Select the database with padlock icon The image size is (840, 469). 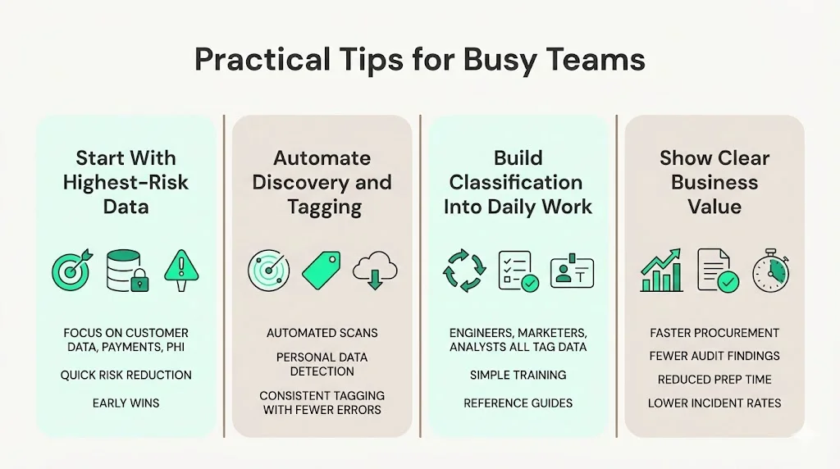(x=126, y=271)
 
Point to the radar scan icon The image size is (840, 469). (x=268, y=271)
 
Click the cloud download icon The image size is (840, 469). (x=374, y=271)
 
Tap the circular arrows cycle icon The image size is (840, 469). (x=464, y=271)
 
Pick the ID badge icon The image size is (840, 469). (x=571, y=271)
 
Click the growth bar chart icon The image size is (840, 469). (x=662, y=270)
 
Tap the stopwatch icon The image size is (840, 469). (x=771, y=270)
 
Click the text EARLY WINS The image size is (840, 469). (x=126, y=403)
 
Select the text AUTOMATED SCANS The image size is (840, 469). (x=322, y=333)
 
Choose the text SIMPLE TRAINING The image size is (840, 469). (x=518, y=375)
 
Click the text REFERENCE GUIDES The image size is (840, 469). (x=518, y=403)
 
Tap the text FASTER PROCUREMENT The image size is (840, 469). (x=714, y=333)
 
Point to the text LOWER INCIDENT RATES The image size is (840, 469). (x=714, y=403)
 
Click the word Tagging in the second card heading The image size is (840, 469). (x=326, y=207)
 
